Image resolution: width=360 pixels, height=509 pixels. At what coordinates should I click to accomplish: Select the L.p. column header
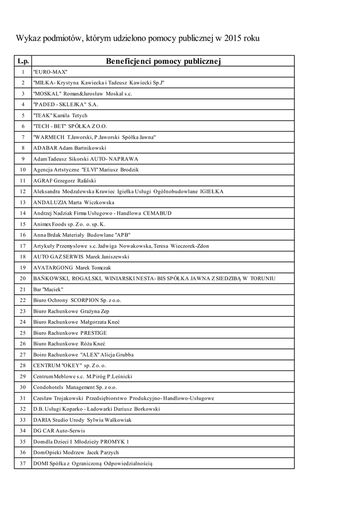pyautogui.click(x=23, y=61)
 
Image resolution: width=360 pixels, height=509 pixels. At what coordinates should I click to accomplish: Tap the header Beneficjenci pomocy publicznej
pyautogui.click(x=163, y=61)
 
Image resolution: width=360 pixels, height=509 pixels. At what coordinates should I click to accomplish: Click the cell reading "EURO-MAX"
pyautogui.click(x=50, y=72)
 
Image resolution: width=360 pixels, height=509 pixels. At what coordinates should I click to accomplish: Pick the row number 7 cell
pyautogui.click(x=23, y=137)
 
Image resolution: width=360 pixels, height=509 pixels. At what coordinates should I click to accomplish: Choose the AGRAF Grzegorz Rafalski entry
pyautogui.click(x=64, y=180)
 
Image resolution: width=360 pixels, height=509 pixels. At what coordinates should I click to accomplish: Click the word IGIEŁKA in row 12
pyautogui.click(x=212, y=191)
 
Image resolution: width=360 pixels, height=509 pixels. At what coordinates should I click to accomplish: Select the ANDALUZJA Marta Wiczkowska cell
pyautogui.click(x=74, y=202)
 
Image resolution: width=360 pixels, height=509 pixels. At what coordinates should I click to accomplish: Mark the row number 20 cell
pyautogui.click(x=23, y=278)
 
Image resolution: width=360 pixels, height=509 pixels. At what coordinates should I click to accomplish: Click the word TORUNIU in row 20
pyautogui.click(x=259, y=278)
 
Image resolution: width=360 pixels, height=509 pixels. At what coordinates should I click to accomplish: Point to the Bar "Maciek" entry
pyautogui.click(x=48, y=289)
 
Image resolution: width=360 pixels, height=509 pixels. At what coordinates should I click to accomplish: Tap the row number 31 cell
pyautogui.click(x=23, y=398)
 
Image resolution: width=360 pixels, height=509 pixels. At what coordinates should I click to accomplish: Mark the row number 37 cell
pyautogui.click(x=23, y=463)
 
